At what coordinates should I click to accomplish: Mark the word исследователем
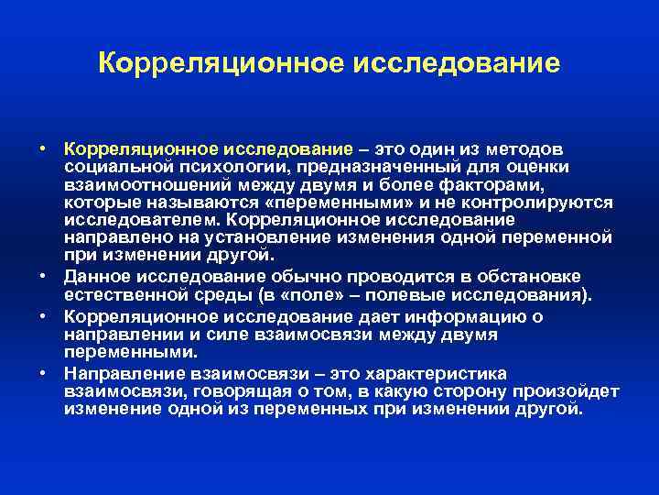point(142,220)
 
